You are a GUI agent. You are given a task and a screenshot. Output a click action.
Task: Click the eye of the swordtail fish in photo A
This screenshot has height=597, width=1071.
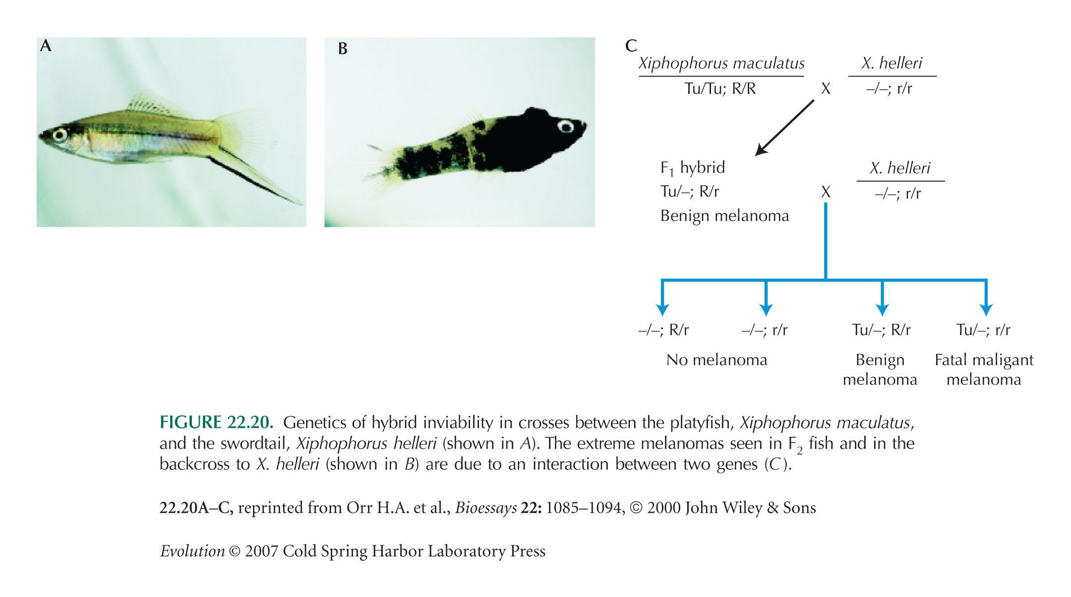click(x=60, y=134)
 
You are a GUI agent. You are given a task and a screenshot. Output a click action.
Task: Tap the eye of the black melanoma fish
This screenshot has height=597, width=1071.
click(x=565, y=127)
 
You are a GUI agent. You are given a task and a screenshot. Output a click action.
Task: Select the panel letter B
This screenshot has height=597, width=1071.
click(x=343, y=49)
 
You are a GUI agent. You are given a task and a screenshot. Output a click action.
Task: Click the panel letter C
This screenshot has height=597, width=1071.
click(x=631, y=46)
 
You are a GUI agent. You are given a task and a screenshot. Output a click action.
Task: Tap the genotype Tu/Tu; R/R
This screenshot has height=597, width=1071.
click(x=720, y=89)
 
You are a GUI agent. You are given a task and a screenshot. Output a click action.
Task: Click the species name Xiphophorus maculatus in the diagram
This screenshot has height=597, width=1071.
click(x=721, y=64)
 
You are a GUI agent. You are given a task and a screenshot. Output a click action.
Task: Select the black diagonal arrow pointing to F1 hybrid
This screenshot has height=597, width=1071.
click(x=784, y=128)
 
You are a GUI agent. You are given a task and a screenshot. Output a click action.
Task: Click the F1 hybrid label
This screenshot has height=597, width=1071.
click(x=693, y=168)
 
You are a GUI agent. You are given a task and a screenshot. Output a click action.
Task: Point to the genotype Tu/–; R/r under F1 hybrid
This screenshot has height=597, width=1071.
click(x=690, y=192)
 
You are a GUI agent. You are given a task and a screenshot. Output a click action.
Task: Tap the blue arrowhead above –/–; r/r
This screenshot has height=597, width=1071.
click(x=766, y=310)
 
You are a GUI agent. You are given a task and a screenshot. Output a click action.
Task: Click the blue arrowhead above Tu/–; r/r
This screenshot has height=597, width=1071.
click(x=986, y=310)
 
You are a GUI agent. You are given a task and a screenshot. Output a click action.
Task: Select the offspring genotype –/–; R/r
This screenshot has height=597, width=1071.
click(x=663, y=330)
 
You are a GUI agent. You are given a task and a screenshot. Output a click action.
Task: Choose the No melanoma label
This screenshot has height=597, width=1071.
click(x=716, y=360)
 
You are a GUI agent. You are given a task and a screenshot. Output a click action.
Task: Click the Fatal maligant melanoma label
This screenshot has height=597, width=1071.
click(x=984, y=370)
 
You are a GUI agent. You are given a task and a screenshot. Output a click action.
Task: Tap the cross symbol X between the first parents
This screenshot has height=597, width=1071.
click(x=826, y=89)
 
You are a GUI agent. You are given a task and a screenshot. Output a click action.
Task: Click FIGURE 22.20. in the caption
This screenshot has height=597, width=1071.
click(x=216, y=422)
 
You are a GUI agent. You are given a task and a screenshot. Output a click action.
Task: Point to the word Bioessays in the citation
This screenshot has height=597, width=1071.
click(x=486, y=508)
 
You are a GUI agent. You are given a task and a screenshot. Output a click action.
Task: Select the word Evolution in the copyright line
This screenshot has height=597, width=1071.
click(x=192, y=551)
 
